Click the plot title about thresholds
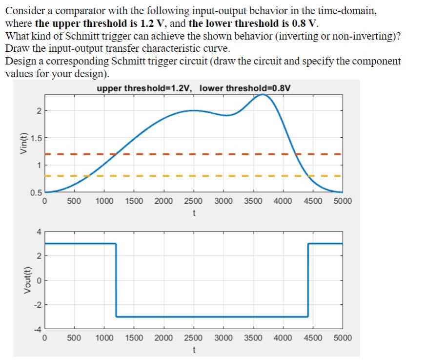pyautogui.click(x=194, y=88)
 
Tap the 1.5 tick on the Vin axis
pyautogui.click(x=35, y=138)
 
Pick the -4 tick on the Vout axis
pyautogui.click(x=38, y=329)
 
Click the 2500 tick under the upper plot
pyautogui.click(x=193, y=201)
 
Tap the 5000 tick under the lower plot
pyautogui.click(x=343, y=338)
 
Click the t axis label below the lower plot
pyautogui.click(x=194, y=350)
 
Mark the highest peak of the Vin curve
pyautogui.click(x=263, y=95)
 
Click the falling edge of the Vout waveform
pyautogui.click(x=116, y=280)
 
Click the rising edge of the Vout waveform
pyautogui.click(x=308, y=280)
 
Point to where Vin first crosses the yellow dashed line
pyautogui.click(x=88, y=175)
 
